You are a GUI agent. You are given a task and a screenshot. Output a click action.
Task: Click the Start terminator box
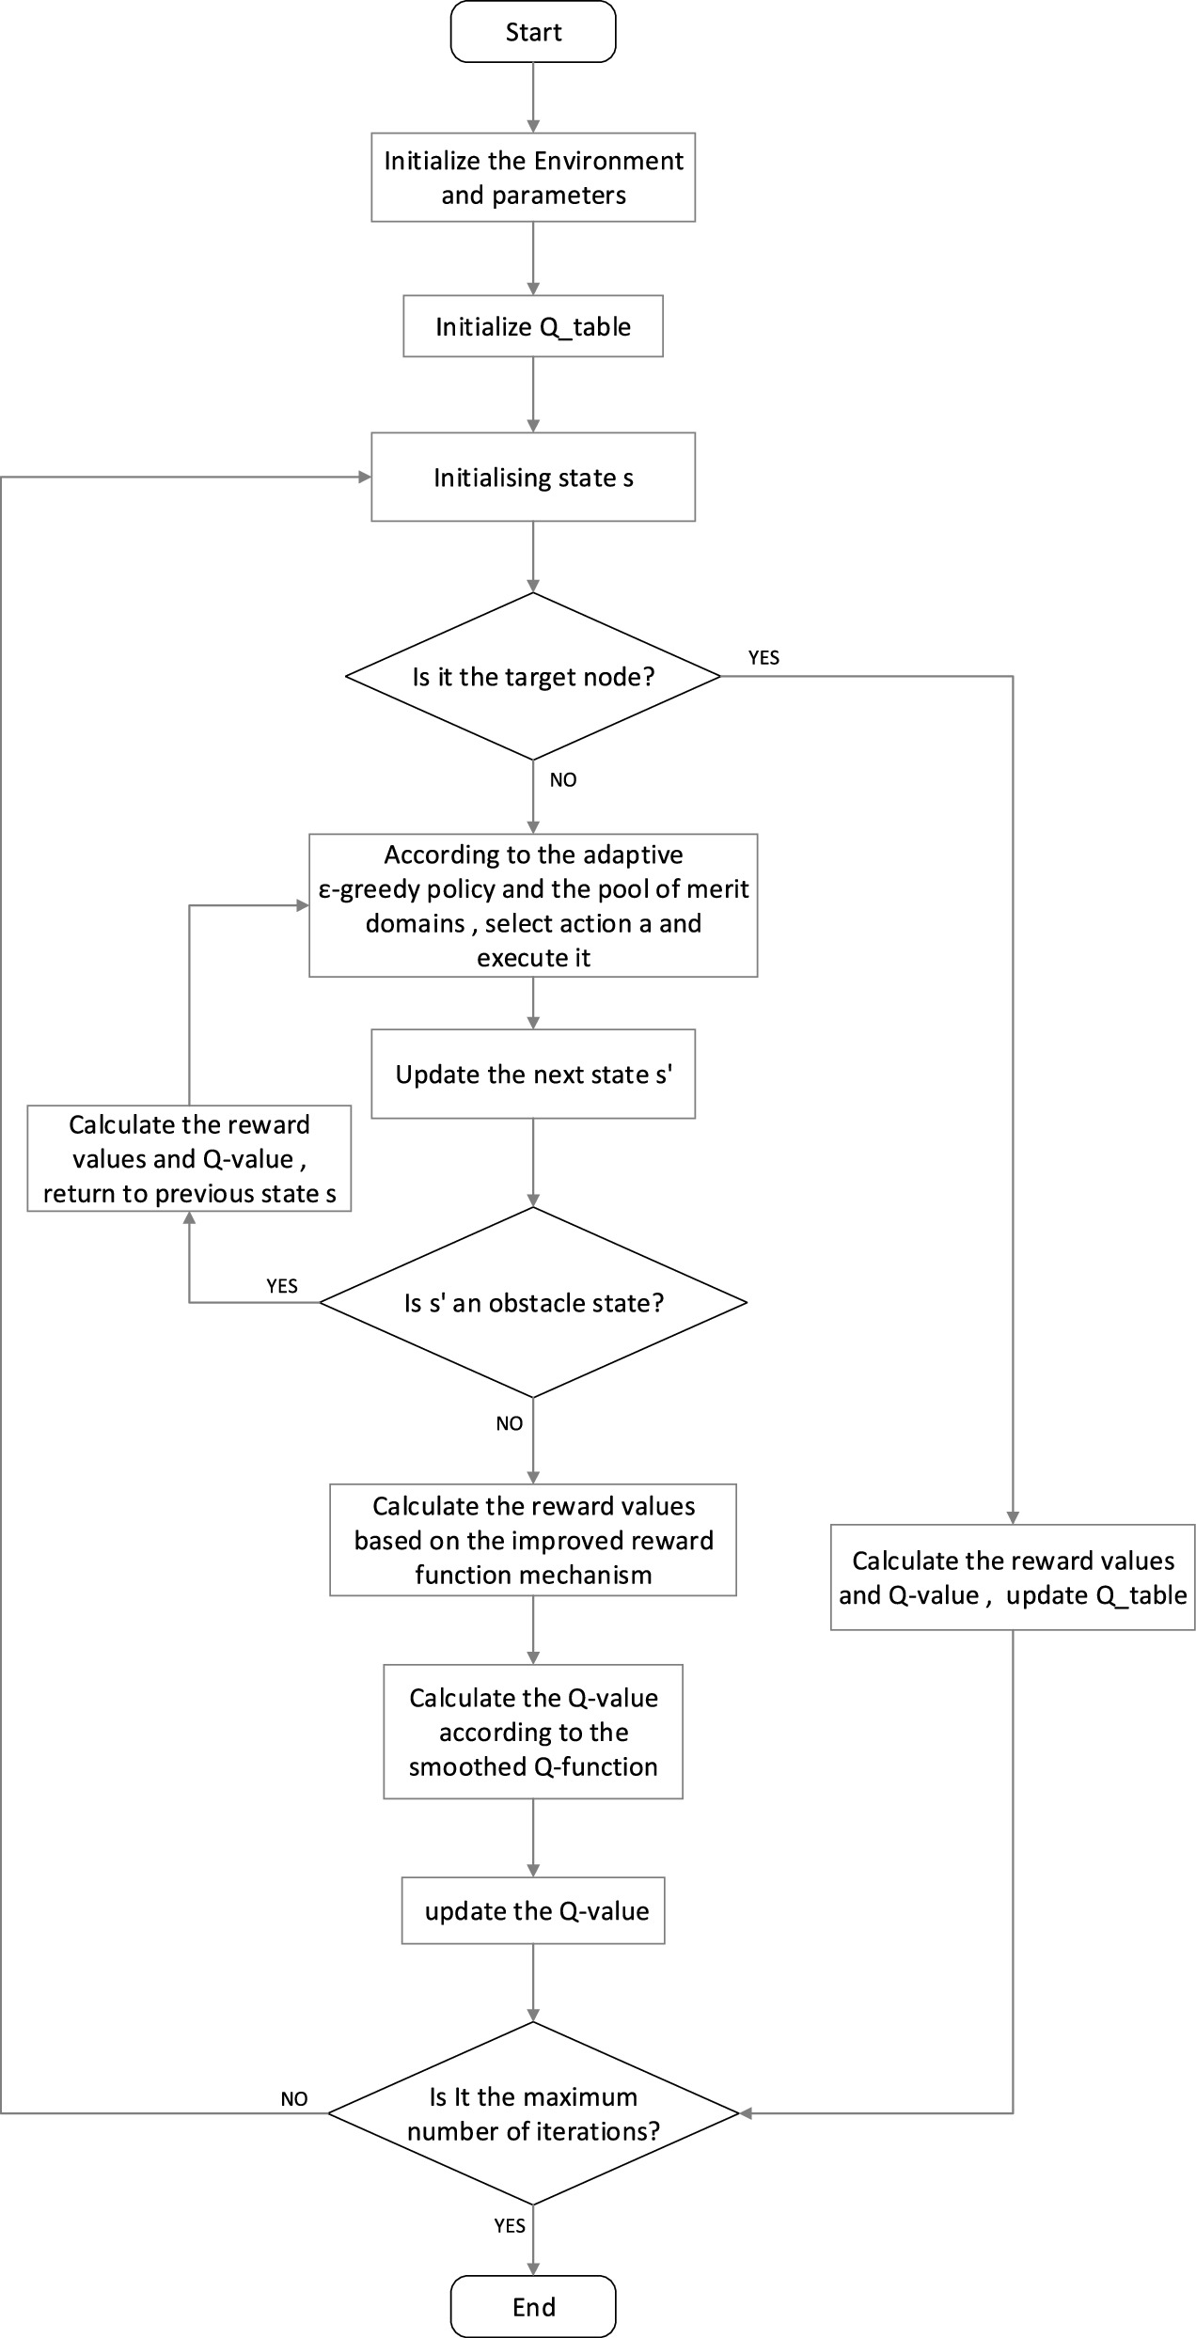tap(533, 32)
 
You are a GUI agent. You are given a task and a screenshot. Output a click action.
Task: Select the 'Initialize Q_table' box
tap(533, 326)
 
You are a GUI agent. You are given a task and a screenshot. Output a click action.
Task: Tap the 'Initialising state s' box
tap(533, 478)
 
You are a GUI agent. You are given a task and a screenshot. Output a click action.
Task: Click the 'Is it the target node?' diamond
tap(533, 676)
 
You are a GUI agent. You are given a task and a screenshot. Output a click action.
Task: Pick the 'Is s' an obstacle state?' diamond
tap(533, 1303)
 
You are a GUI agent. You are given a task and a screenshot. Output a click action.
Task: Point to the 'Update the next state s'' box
tap(533, 1075)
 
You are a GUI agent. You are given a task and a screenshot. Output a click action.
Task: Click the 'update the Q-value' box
tap(533, 1910)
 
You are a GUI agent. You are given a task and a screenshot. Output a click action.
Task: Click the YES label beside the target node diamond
tap(763, 658)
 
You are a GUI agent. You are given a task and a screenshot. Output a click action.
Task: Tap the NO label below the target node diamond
tap(563, 780)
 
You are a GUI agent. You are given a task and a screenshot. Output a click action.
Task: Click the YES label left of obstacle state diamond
tap(282, 1286)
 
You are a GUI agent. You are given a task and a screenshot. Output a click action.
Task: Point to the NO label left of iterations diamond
tap(294, 2098)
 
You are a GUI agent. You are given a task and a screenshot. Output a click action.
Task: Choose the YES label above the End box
tap(510, 2225)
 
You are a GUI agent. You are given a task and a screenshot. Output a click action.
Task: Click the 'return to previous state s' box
tap(189, 1159)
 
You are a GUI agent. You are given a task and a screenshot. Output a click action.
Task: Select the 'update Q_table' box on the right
tap(1013, 1577)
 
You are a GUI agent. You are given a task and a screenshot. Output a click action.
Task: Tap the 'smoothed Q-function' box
tap(533, 1732)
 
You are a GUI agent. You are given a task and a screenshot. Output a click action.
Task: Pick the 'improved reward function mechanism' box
tap(533, 1540)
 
